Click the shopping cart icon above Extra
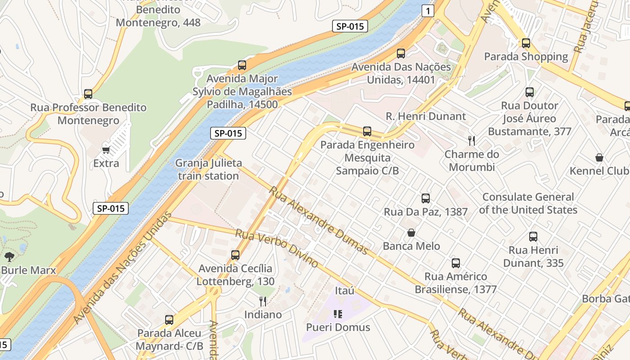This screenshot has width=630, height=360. [x=106, y=150]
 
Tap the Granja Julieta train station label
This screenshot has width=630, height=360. [x=208, y=169]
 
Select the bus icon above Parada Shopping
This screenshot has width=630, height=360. [x=526, y=43]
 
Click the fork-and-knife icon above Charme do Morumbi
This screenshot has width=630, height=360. [x=472, y=141]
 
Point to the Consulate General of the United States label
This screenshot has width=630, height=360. [x=528, y=203]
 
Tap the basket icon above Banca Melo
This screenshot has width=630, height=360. [x=411, y=233]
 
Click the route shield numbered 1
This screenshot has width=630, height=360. [x=428, y=11]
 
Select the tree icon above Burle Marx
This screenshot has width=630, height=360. [x=9, y=257]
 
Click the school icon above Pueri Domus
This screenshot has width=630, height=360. [x=338, y=314]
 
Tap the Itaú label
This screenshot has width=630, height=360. [x=345, y=291]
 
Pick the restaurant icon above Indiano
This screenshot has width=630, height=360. [x=263, y=301]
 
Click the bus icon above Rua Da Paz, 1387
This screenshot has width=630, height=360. [x=425, y=198]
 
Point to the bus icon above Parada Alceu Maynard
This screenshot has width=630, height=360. [x=169, y=320]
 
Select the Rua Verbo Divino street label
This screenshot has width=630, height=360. [x=277, y=248]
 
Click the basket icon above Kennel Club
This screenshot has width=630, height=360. [x=599, y=157]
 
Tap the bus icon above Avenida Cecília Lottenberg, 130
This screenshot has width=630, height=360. [x=235, y=255]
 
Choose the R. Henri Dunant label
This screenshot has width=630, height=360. [x=426, y=116]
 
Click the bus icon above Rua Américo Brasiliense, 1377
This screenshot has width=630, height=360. [x=455, y=263]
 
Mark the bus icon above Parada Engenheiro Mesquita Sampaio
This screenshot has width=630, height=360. [x=367, y=131]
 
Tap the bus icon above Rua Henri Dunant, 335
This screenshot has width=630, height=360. [x=533, y=237]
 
